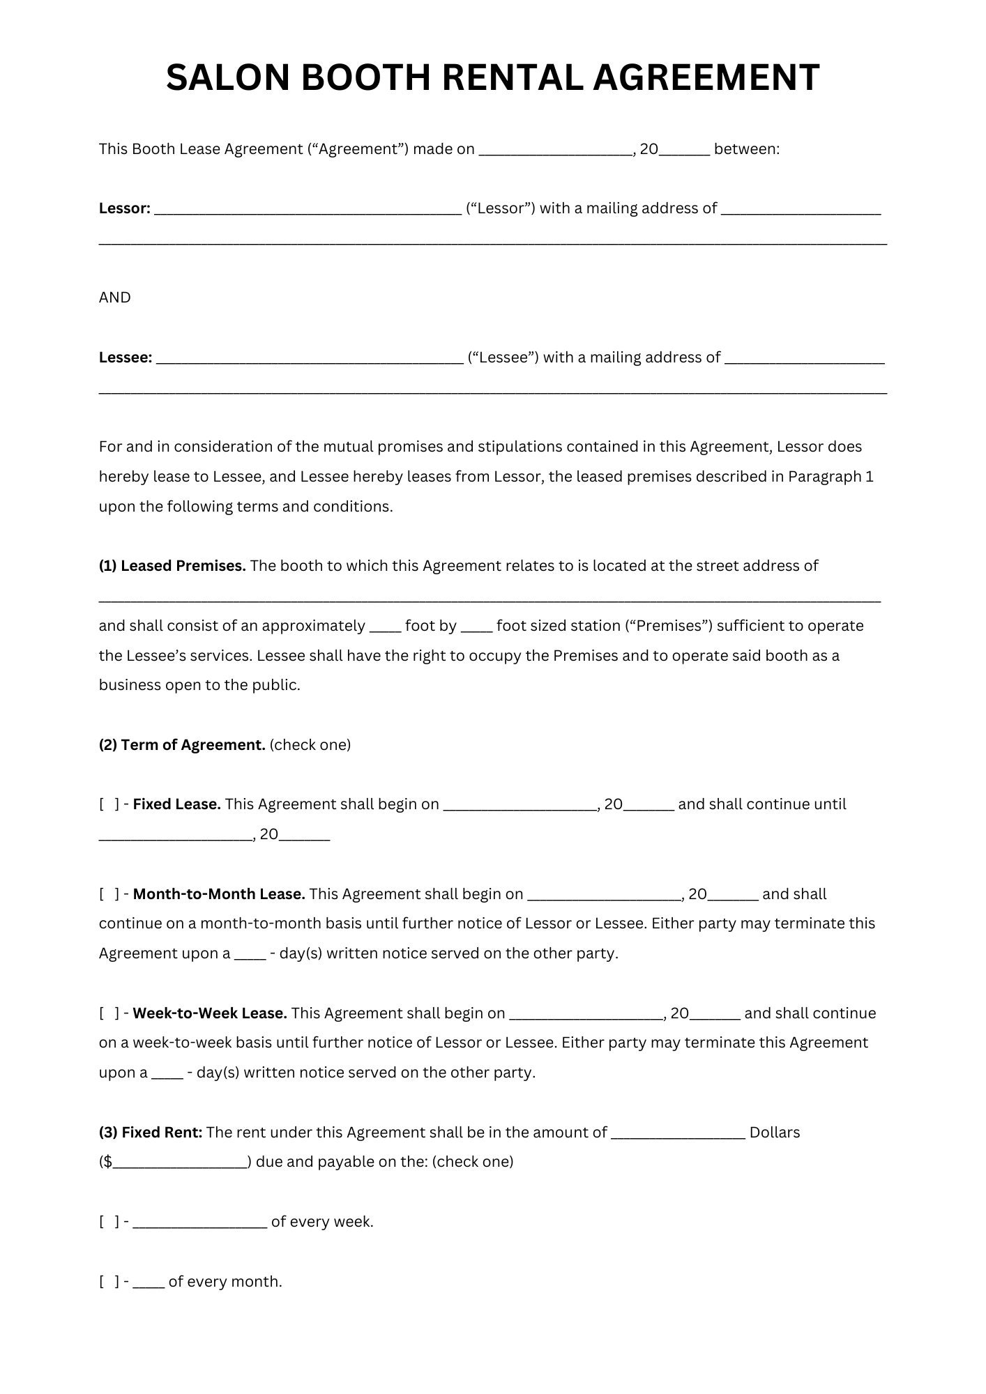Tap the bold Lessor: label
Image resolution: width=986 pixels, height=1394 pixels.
(x=124, y=208)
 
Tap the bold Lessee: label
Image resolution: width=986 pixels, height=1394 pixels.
(x=126, y=358)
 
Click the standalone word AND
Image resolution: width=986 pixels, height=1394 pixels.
(x=114, y=298)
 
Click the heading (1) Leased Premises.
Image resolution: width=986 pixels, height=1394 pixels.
(x=172, y=566)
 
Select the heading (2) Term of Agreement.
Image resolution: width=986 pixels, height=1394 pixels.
(x=182, y=745)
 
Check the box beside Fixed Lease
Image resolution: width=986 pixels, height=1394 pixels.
(x=109, y=805)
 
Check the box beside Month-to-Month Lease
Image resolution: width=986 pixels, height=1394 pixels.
(x=109, y=894)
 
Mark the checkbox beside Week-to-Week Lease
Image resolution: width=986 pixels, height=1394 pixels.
(x=109, y=1013)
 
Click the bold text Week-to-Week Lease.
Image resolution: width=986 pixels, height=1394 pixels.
(x=210, y=1013)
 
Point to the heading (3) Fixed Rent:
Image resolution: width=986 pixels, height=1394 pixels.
(x=151, y=1133)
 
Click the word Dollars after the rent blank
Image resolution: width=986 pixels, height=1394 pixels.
(x=774, y=1133)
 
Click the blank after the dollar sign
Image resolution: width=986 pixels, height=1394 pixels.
(x=179, y=1163)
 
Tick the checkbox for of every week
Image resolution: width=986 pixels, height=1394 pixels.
(x=109, y=1222)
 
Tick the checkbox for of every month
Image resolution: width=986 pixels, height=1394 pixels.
(x=109, y=1282)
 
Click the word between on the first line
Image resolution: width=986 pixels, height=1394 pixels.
(x=746, y=149)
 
